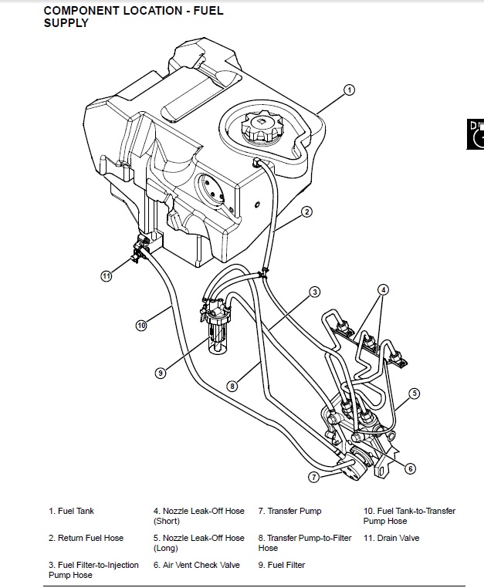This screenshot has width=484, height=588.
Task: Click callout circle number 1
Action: (349, 90)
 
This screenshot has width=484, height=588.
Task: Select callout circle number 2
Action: (306, 211)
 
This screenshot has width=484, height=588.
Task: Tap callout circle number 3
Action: (315, 292)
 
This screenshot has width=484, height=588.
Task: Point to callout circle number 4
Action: (383, 290)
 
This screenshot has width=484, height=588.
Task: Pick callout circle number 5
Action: (414, 394)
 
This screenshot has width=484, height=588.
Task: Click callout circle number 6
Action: (410, 468)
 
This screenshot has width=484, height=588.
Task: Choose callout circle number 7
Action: (314, 477)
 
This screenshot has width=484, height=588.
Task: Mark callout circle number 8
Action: (232, 386)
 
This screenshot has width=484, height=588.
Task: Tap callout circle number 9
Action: (161, 373)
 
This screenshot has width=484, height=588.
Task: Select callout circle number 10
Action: (141, 326)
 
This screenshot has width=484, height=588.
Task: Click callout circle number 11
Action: (107, 274)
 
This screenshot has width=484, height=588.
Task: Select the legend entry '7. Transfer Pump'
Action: (289, 511)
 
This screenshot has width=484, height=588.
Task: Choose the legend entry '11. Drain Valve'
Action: (391, 538)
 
